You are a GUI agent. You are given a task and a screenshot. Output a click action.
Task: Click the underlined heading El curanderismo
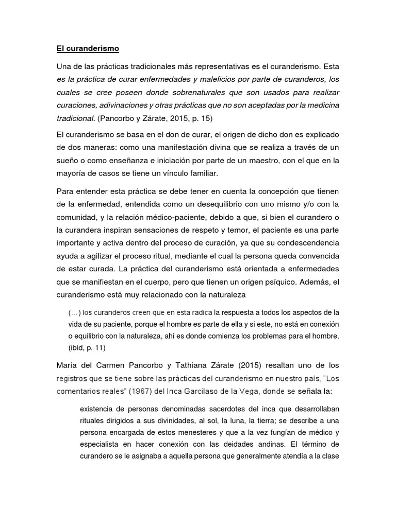88,49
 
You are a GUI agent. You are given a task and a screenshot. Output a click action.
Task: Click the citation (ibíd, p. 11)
87,348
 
